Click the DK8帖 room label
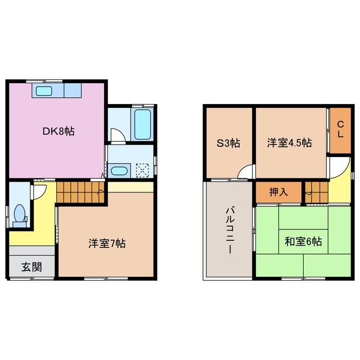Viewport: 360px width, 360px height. coord(58,131)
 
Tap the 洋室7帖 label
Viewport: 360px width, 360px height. coord(107,244)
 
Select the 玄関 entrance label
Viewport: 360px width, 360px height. coord(31,267)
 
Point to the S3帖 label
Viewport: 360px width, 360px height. coord(229,143)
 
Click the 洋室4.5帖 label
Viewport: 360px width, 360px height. coord(289,143)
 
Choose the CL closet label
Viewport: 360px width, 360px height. coord(340,130)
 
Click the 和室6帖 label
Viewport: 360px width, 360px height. coord(303,242)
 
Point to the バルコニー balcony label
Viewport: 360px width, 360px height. coord(229,231)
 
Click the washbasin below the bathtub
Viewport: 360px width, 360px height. coord(119,170)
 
